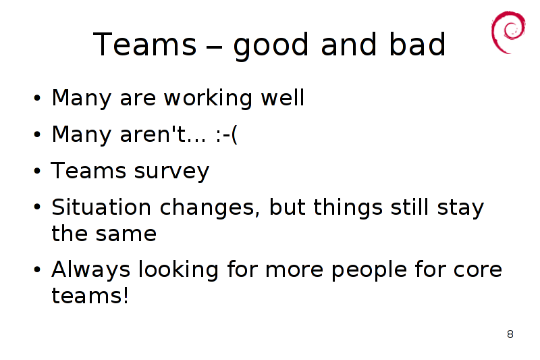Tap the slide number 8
click(x=510, y=334)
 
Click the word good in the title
click(x=271, y=46)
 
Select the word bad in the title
click(x=417, y=44)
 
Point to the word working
click(x=208, y=99)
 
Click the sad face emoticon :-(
click(x=227, y=134)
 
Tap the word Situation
click(x=101, y=207)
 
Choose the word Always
click(x=91, y=270)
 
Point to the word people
click(x=369, y=271)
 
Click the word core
click(x=478, y=270)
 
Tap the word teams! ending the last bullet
click(x=90, y=296)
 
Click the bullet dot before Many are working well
click(x=37, y=98)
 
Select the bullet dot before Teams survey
click(x=37, y=171)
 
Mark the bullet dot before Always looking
click(x=37, y=269)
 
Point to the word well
click(x=283, y=98)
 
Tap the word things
click(x=348, y=209)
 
